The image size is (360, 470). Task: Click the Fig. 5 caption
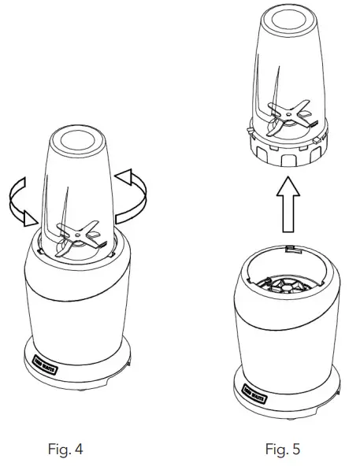(282, 450)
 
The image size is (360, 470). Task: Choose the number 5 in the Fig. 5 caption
(295, 450)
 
